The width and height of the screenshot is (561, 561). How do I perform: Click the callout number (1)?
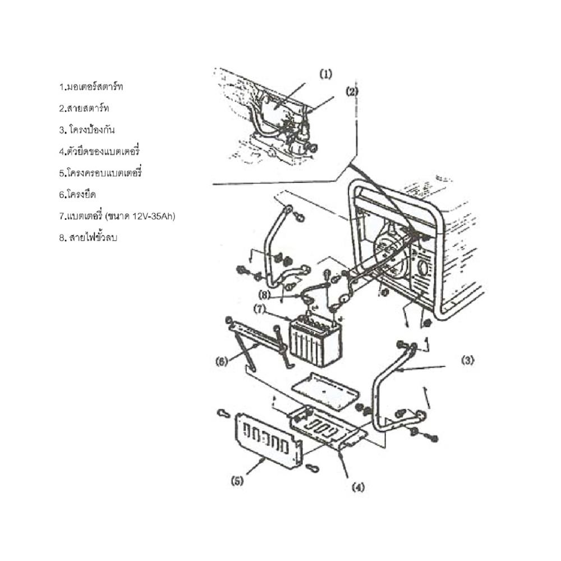pyautogui.click(x=325, y=75)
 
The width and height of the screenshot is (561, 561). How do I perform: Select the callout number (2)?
pyautogui.click(x=352, y=91)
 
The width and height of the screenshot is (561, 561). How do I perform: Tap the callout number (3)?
pyautogui.click(x=467, y=361)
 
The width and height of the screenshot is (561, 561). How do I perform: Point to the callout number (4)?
pyautogui.click(x=358, y=487)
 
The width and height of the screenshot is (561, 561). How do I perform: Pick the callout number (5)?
pyautogui.click(x=237, y=481)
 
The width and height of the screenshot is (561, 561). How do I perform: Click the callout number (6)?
pyautogui.click(x=222, y=362)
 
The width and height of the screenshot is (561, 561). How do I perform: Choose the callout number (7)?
pyautogui.click(x=260, y=309)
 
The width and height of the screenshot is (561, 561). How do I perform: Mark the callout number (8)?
pyautogui.click(x=264, y=295)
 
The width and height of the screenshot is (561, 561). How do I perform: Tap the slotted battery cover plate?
pyautogui.click(x=268, y=440)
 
